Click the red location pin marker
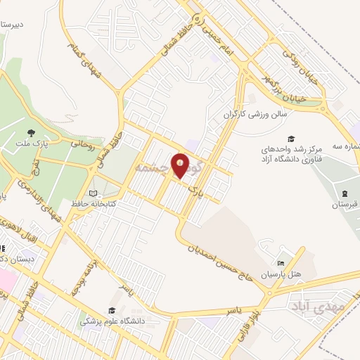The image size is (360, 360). click(181, 165)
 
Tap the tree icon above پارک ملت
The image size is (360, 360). click(30, 132)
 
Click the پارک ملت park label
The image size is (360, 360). click(31, 144)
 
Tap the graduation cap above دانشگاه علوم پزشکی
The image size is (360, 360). click(111, 310)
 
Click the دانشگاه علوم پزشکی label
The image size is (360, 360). click(111, 321)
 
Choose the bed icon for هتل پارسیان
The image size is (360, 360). click(282, 262)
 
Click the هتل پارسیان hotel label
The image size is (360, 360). click(282, 274)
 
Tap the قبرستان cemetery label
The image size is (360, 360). click(345, 205)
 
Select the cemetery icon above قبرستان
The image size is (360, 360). click(345, 193)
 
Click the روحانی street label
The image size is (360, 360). click(82, 143)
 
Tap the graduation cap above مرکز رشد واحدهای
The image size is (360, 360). click(291, 139)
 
